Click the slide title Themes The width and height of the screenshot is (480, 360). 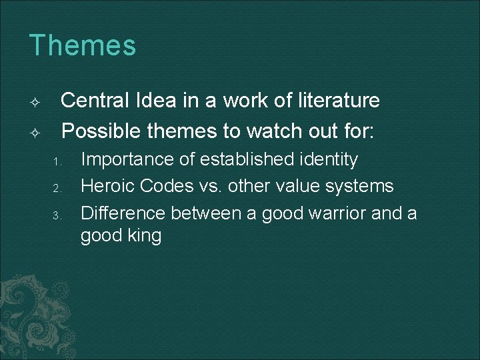pyautogui.click(x=83, y=46)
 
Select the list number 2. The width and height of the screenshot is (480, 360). pyautogui.click(x=58, y=188)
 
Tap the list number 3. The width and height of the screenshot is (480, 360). pyautogui.click(x=58, y=215)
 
